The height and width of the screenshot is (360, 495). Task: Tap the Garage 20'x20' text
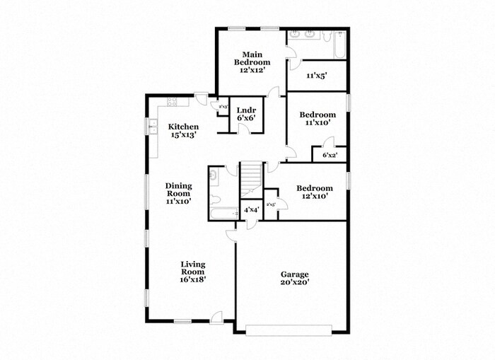[x=294, y=278]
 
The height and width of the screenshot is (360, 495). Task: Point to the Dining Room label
[x=179, y=193]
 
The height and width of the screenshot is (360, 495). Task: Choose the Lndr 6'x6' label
[x=245, y=114]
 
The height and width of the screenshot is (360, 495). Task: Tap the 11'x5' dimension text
[x=315, y=76]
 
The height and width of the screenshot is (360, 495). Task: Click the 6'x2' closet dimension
[x=330, y=155]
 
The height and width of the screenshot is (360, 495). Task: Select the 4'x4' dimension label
[x=251, y=210]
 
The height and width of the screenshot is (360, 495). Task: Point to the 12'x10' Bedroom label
[x=314, y=192]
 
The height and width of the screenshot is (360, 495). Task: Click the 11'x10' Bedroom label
[x=316, y=118]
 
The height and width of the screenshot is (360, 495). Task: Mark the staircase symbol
[x=251, y=180]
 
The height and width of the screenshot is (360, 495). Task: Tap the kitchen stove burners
[x=170, y=101]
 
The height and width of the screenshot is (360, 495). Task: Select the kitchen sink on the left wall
[x=153, y=127]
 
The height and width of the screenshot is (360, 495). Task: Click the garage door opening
[x=289, y=327]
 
